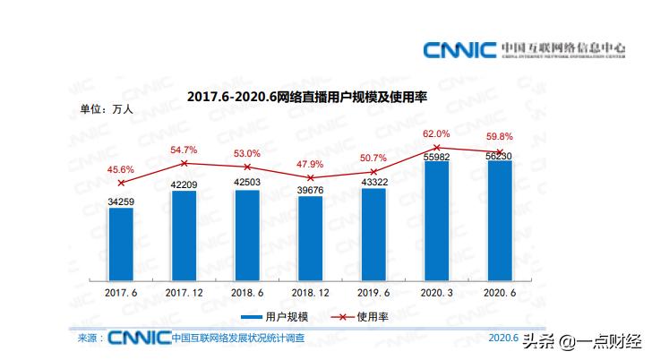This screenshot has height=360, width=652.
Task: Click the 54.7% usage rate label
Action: coord(184,150)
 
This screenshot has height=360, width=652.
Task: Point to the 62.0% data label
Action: coord(436,133)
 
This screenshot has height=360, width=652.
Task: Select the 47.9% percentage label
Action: coord(310,164)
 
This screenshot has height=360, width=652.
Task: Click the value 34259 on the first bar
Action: coord(121,201)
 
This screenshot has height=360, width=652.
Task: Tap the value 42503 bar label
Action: coord(247,183)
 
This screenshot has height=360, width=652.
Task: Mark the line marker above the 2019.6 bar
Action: coord(373,171)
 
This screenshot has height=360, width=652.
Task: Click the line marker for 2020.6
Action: coord(499,151)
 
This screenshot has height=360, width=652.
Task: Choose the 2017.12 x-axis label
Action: coord(184,292)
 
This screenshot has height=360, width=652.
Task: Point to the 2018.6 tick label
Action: coord(247,292)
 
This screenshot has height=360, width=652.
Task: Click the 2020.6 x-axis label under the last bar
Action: coord(499,292)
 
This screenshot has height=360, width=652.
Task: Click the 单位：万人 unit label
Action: coord(107,110)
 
